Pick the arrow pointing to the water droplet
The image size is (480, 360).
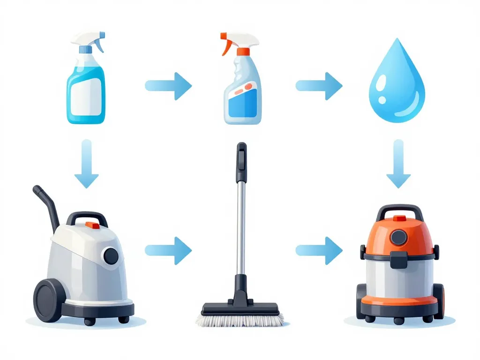point(320,86)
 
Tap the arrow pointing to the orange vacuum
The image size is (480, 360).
point(320,251)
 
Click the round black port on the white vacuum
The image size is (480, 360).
point(111,255)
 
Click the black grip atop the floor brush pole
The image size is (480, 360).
point(241,162)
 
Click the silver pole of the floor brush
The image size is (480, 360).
point(240,225)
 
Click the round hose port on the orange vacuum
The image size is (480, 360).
point(398,237)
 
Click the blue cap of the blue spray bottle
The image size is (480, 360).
point(85,49)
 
